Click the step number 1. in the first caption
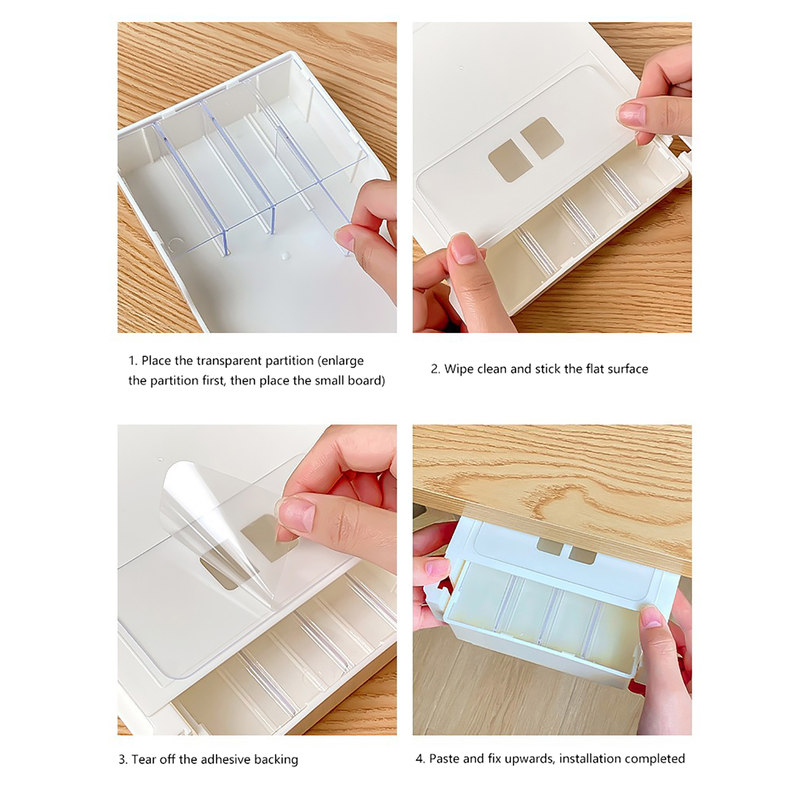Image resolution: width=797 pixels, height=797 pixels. coord(133,361)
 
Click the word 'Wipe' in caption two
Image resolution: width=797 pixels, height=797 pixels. coord(459,370)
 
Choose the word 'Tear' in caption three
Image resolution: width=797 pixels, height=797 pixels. coord(145,760)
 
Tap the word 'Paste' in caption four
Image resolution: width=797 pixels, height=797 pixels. coord(444,759)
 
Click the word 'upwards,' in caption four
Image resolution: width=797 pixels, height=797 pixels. coord(529,760)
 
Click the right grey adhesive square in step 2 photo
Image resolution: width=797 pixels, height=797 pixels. coord(542,138)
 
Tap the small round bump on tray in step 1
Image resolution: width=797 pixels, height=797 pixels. coord(284,256)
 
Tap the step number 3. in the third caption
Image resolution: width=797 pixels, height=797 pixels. coord(123,760)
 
